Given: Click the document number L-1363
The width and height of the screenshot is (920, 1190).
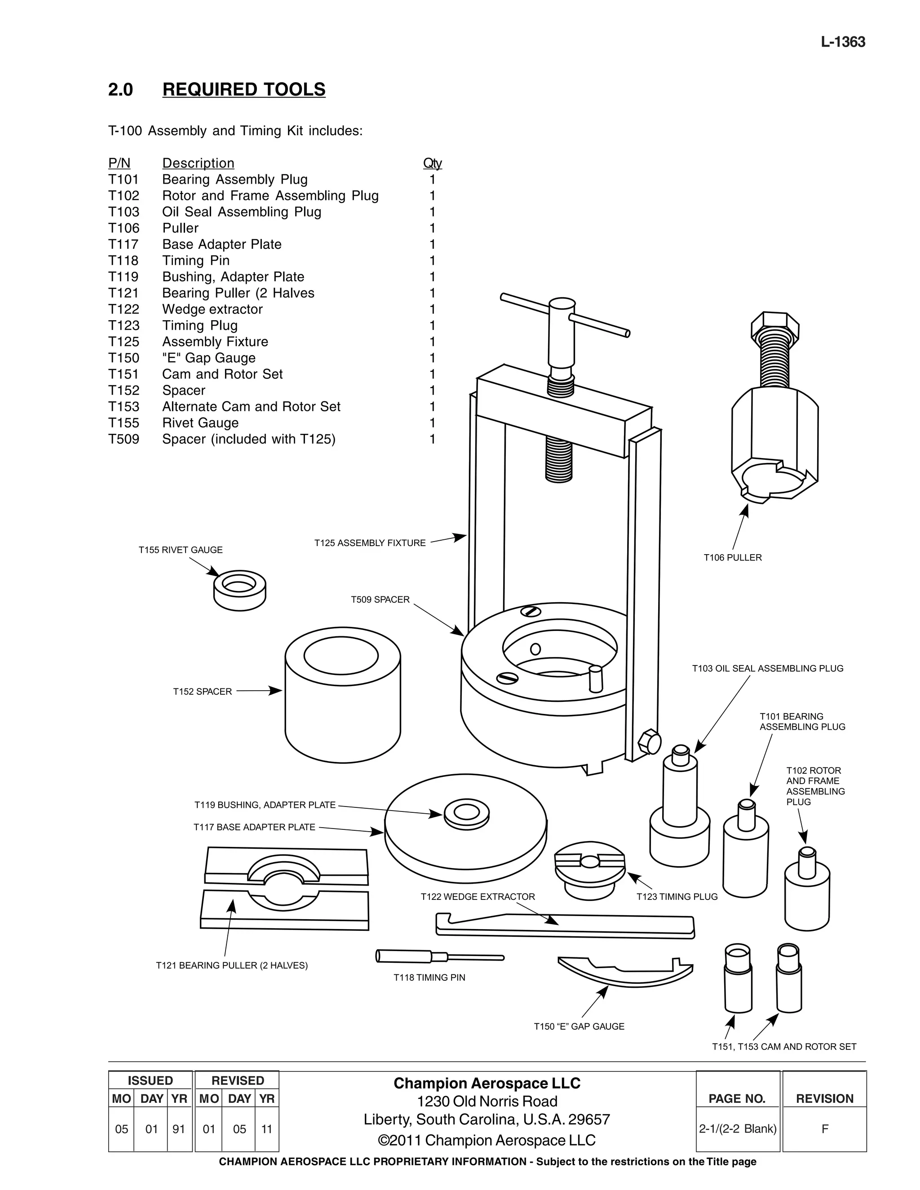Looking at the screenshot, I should tap(843, 42).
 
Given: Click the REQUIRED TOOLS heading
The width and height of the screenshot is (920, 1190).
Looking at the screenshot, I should tap(243, 89).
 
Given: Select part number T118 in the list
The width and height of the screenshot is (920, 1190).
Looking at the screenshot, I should tap(123, 260).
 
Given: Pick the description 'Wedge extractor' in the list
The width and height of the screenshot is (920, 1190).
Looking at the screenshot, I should tap(212, 309).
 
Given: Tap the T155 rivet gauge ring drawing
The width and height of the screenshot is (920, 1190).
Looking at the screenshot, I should tap(240, 591).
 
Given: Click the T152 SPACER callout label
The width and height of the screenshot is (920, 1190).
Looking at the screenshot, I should tap(202, 692).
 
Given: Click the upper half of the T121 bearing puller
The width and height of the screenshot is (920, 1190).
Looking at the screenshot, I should tap(286, 866).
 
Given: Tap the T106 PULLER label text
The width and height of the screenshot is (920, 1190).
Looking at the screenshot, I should tap(733, 557).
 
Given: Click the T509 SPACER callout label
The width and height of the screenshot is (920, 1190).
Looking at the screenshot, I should tap(380, 599).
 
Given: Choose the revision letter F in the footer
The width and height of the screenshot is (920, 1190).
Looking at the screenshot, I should tap(825, 1128).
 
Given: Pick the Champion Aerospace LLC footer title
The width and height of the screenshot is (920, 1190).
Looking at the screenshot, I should tap(487, 1083).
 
